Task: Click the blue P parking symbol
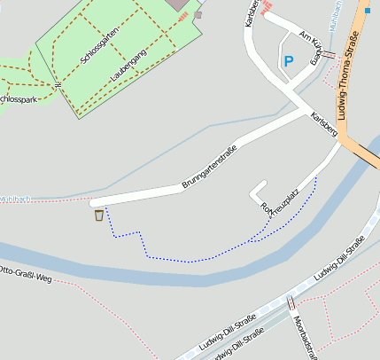[287, 61]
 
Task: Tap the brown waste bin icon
[98, 215]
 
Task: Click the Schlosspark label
[18, 98]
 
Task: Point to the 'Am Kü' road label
[309, 36]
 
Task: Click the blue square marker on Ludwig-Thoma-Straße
[367, 11]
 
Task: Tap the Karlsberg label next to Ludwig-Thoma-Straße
[324, 123]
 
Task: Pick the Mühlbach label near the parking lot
[335, 22]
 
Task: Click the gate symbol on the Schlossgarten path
[55, 85]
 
